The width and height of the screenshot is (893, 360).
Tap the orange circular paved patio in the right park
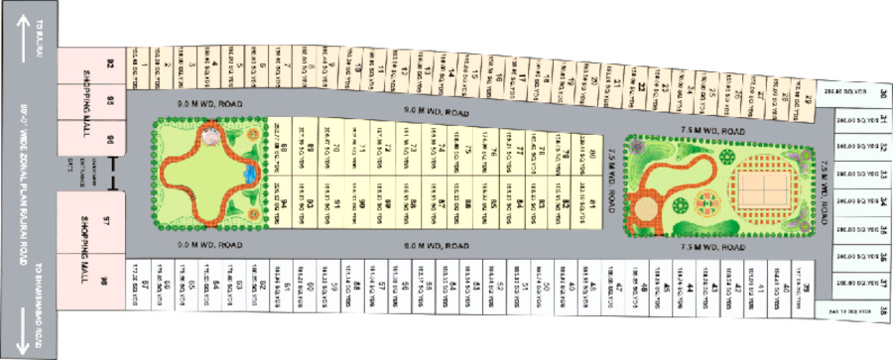tap(647, 209)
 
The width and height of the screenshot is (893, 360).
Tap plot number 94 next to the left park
tap(284, 204)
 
